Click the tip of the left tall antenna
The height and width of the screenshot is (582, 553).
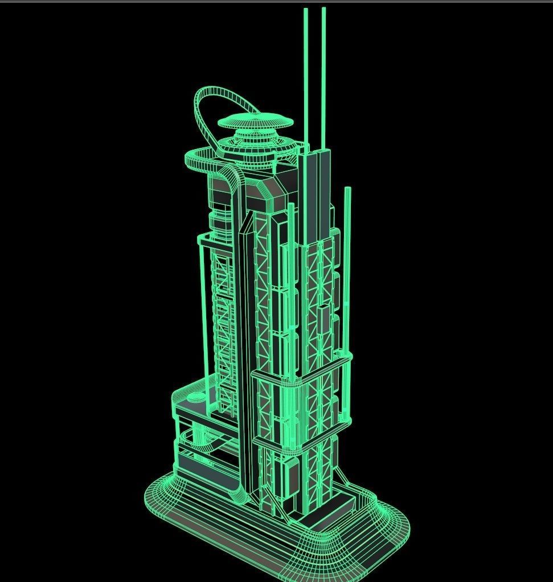click(x=306, y=10)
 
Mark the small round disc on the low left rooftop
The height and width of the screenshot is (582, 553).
click(x=195, y=398)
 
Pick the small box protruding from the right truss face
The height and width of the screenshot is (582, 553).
click(x=324, y=319)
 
